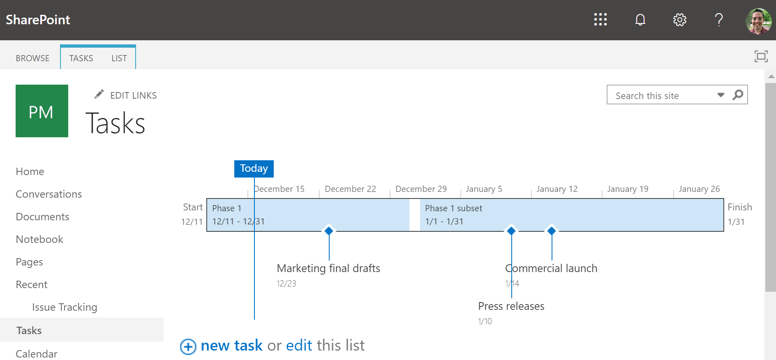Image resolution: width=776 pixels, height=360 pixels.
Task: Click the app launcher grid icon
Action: tap(600, 19)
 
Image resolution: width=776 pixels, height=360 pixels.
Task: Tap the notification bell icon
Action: tap(640, 19)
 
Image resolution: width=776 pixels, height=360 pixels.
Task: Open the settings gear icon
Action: tap(679, 19)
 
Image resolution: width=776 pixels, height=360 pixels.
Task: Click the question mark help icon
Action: tap(718, 19)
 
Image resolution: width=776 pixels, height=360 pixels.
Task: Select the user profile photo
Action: tap(758, 21)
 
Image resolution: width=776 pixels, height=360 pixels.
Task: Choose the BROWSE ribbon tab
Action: tap(32, 58)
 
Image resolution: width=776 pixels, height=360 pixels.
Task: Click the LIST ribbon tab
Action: tap(119, 58)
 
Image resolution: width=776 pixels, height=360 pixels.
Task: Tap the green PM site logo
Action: tap(42, 111)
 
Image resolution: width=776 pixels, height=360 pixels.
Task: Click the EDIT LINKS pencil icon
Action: tap(99, 95)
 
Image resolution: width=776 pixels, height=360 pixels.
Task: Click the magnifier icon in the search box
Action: tap(738, 95)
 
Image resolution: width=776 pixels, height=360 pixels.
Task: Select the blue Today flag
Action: tap(254, 168)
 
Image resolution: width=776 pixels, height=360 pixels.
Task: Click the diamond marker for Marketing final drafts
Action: tap(329, 231)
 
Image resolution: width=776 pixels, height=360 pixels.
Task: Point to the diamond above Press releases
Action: tap(511, 231)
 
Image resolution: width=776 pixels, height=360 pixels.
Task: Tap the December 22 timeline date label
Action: tap(350, 189)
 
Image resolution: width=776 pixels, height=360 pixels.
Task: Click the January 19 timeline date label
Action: tap(628, 189)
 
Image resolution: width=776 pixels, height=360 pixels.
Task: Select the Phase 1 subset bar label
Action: tap(453, 208)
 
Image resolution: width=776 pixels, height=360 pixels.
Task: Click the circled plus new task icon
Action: tap(188, 346)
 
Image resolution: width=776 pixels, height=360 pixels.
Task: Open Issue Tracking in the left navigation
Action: tap(65, 307)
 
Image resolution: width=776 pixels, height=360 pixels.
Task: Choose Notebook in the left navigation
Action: tap(39, 239)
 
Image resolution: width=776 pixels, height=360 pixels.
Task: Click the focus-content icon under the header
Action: tap(761, 56)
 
